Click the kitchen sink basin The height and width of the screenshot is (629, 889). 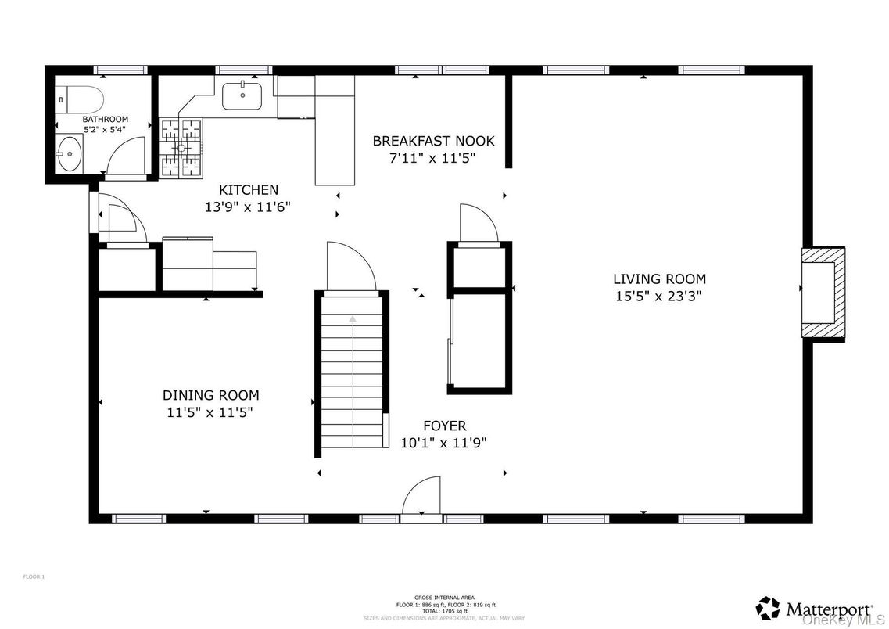tap(242, 96)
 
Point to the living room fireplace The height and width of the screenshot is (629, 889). tap(823, 293)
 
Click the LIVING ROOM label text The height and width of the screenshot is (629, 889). tap(658, 279)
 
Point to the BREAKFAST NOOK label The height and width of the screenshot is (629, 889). tap(433, 141)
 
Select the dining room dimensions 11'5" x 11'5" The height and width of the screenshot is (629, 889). tap(210, 412)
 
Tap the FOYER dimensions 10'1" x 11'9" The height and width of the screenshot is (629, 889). tap(443, 442)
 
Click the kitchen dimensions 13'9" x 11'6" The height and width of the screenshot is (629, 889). tap(248, 207)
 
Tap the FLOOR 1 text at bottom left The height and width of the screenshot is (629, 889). tap(34, 577)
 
